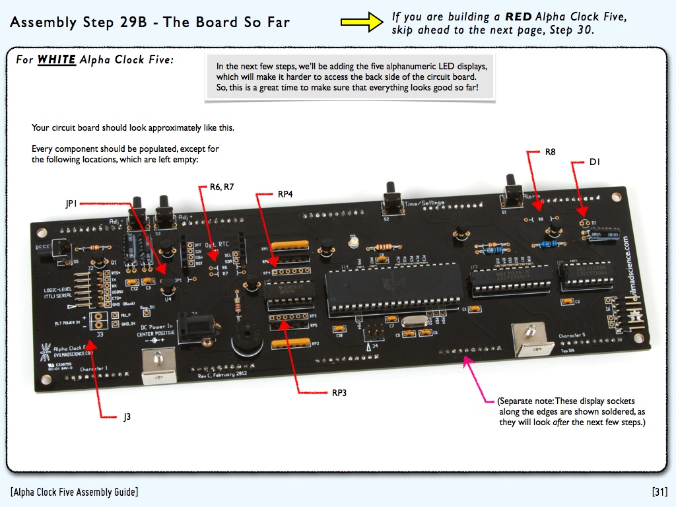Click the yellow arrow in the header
(x=362, y=22)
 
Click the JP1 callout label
(x=71, y=204)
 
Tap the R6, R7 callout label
(x=222, y=187)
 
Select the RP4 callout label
(x=285, y=194)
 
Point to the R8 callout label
(x=550, y=152)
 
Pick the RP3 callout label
(x=339, y=393)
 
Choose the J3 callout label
(x=127, y=417)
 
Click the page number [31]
(x=659, y=492)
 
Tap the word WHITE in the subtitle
(x=56, y=60)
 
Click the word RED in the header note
(x=518, y=17)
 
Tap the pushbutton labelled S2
(x=392, y=198)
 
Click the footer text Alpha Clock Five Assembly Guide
(x=74, y=492)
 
